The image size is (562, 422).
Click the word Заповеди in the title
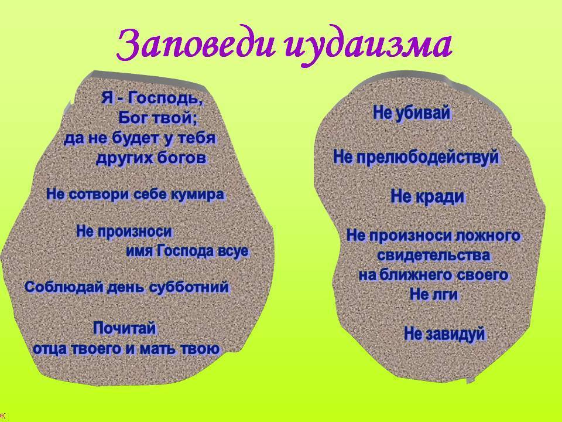click(197, 46)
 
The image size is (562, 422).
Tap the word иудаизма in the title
click(369, 47)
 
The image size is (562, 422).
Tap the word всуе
click(233, 250)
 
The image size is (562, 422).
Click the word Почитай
click(125, 328)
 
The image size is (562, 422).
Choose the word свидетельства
click(434, 255)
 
